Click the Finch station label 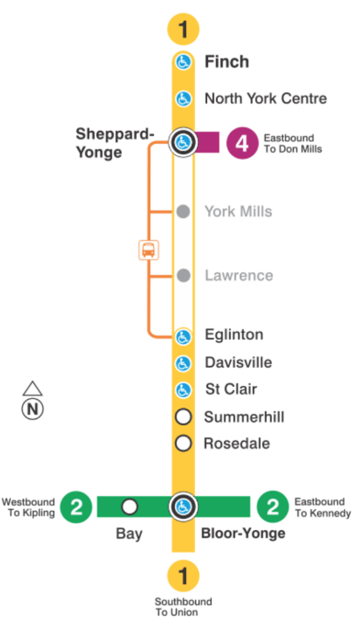226,62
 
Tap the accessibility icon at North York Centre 183,98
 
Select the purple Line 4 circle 242,143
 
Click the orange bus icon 148,250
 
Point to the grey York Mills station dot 183,212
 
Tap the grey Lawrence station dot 183,276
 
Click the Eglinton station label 234,335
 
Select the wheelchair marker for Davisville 183,363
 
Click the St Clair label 231,389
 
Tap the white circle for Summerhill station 183,417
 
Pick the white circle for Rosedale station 183,443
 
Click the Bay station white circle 129,507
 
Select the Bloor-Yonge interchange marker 183,507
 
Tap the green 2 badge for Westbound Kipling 76,507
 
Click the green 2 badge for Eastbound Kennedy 273,507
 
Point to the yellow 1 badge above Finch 183,29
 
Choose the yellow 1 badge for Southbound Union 183,577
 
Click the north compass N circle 33,409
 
